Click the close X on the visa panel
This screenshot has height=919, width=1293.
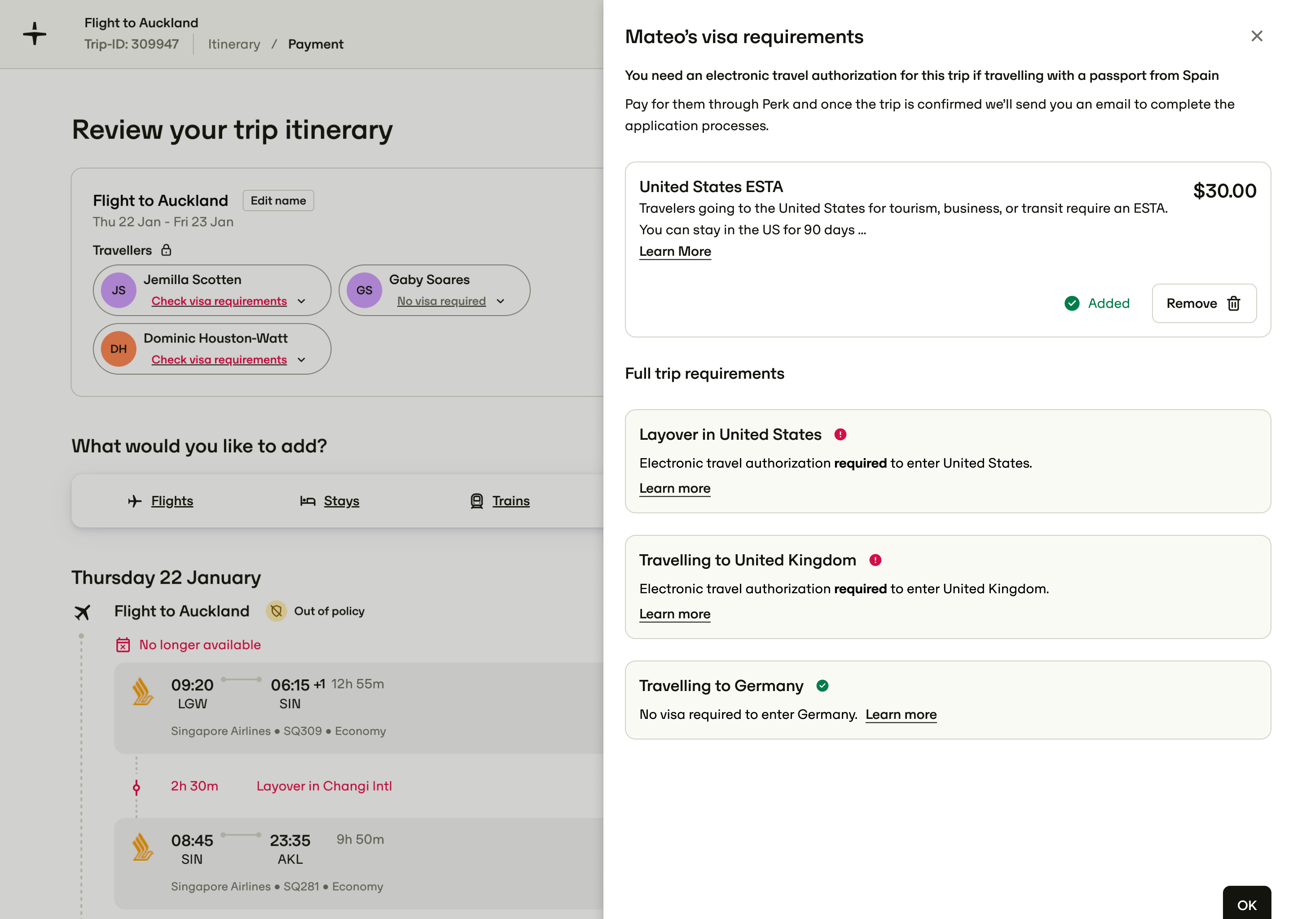coord(1256,36)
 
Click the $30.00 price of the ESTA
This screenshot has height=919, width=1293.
coord(1224,191)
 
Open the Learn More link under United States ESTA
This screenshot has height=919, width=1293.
coord(675,251)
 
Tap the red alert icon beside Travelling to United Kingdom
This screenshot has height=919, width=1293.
coord(875,560)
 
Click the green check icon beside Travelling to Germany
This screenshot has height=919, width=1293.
coord(822,685)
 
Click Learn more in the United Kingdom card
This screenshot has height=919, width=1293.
coord(674,614)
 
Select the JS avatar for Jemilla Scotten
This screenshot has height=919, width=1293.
coord(119,290)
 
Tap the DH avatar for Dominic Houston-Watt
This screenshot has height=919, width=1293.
coord(119,349)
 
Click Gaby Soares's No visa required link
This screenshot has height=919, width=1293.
coord(441,301)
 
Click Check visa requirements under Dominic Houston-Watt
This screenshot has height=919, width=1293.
coord(219,359)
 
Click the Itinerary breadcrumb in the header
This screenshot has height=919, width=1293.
coord(234,44)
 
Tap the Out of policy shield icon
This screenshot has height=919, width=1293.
coord(276,611)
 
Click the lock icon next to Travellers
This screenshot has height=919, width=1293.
coord(166,249)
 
